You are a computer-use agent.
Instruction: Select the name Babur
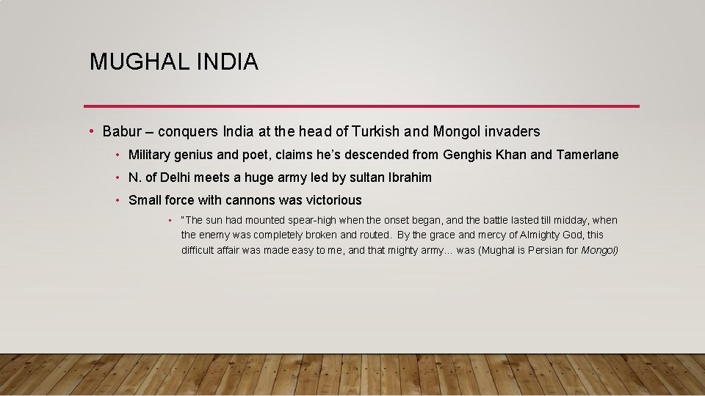click(121, 132)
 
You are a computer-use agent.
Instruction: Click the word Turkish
click(376, 132)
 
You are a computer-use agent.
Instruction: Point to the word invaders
click(511, 132)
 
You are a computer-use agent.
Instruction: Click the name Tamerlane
click(587, 155)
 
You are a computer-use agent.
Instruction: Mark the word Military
click(151, 155)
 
